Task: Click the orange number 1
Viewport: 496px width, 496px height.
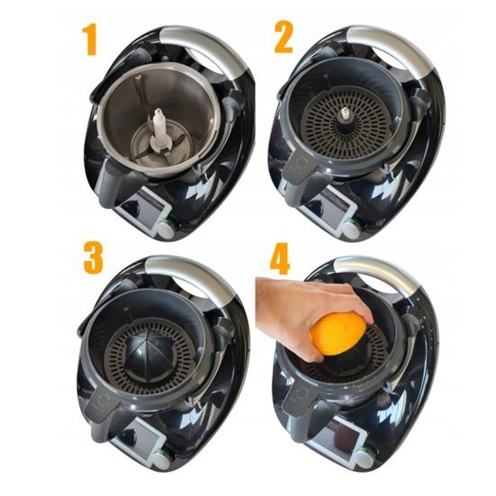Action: pyautogui.click(x=90, y=41)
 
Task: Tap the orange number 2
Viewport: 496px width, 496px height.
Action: pyautogui.click(x=284, y=37)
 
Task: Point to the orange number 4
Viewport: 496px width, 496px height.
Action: pyautogui.click(x=280, y=258)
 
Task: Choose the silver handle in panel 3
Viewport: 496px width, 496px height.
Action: pyautogui.click(x=190, y=275)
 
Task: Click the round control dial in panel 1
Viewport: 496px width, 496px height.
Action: pyautogui.click(x=166, y=230)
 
